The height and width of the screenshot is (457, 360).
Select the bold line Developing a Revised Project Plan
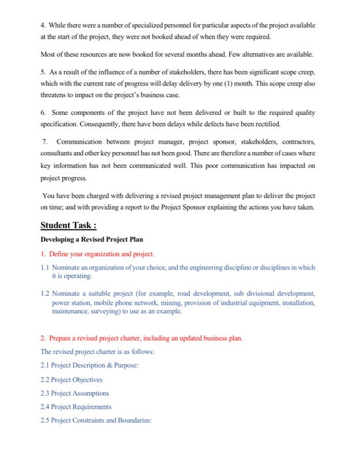pyautogui.click(x=92, y=240)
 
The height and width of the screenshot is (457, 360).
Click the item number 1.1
pyautogui.click(x=45, y=267)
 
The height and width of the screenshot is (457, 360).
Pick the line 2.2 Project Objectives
pyautogui.click(x=71, y=379)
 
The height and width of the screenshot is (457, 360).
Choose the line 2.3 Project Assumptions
pyautogui.click(x=74, y=393)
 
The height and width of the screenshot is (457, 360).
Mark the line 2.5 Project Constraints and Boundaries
pyautogui.click(x=95, y=420)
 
